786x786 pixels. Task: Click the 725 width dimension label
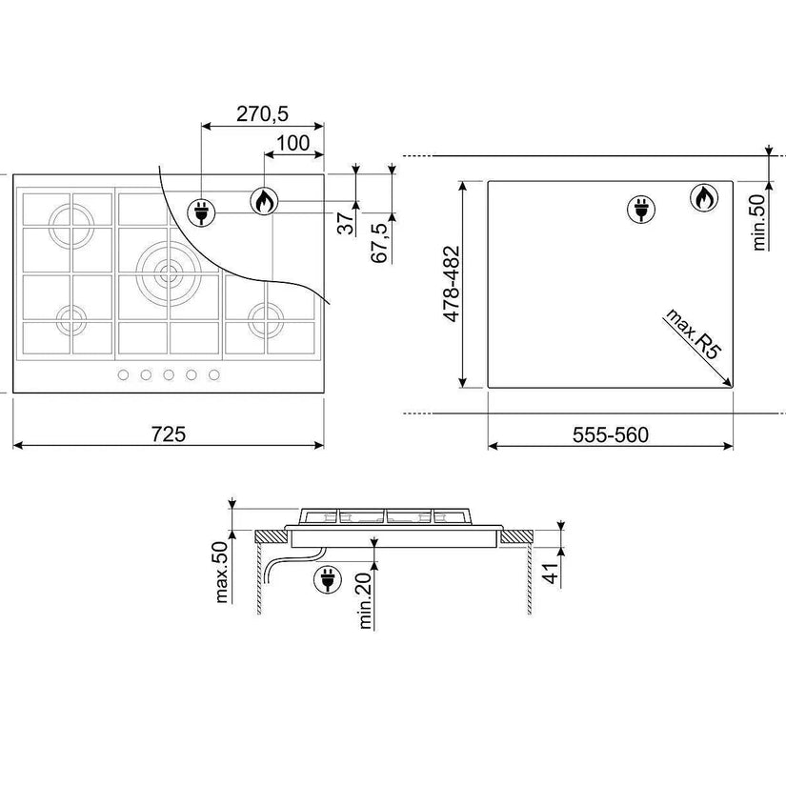pyautogui.click(x=169, y=434)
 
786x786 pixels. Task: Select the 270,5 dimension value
pyautogui.click(x=262, y=114)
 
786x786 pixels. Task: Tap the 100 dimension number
pyautogui.click(x=293, y=143)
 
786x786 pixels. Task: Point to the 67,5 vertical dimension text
pyautogui.click(x=379, y=243)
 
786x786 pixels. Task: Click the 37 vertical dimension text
pyautogui.click(x=346, y=224)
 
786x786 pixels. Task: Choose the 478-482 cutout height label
pyautogui.click(x=452, y=284)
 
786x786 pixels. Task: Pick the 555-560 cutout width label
pyautogui.click(x=611, y=434)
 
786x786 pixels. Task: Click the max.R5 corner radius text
pyautogui.click(x=694, y=333)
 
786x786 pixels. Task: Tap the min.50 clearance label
pyautogui.click(x=760, y=222)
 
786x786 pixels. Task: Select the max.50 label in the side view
pyautogui.click(x=221, y=572)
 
